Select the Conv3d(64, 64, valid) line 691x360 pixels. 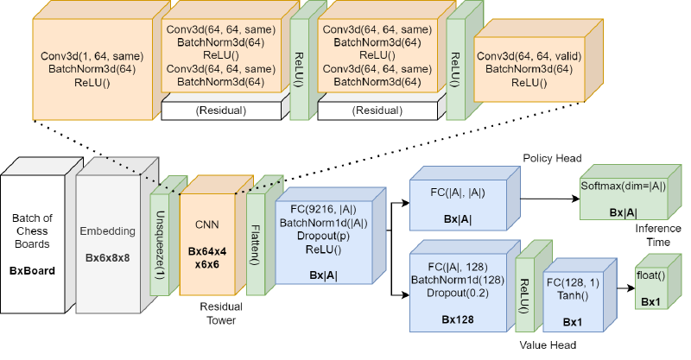tap(529, 56)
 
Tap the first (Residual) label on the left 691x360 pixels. tap(221, 111)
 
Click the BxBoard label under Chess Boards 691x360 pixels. tap(32, 270)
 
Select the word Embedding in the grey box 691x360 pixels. tap(107, 231)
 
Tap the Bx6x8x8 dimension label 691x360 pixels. tap(107, 257)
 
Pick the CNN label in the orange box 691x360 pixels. tap(206, 224)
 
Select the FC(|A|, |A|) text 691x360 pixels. tap(457, 194)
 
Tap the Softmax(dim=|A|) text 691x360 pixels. tap(624, 186)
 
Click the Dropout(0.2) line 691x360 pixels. tap(456, 293)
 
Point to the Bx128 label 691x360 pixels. tap(456, 319)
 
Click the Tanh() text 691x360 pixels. tap(572, 295)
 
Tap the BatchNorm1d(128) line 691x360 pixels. tap(456, 280)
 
